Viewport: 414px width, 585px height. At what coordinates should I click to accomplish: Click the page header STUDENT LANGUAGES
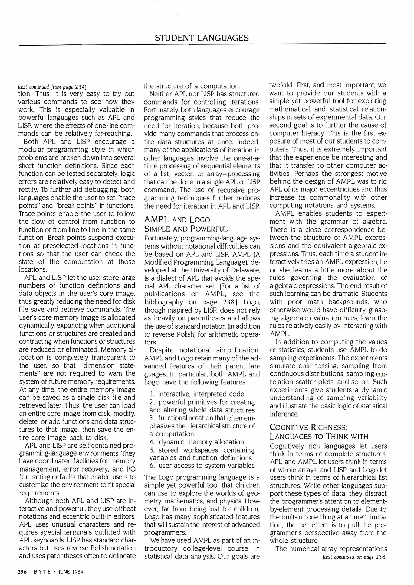[x=202, y=38]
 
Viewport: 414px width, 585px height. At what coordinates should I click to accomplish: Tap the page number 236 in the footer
[x=22, y=572]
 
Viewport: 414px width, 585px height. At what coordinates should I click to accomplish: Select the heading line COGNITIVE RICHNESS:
[x=308, y=427]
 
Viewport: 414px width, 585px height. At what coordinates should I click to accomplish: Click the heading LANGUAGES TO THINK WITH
[x=319, y=437]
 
